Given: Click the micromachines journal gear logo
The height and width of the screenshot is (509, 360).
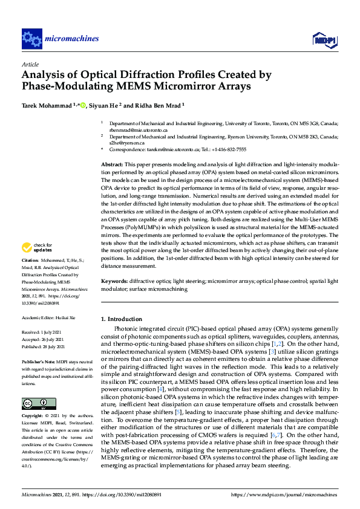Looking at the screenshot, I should point(31,39).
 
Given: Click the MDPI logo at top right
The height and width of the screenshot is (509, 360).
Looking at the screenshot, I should point(324,40).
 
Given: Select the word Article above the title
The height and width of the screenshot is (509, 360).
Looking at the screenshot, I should point(30,64).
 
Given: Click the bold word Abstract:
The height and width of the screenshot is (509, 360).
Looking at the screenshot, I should point(112,164).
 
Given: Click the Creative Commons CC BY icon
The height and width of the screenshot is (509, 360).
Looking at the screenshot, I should point(34,403).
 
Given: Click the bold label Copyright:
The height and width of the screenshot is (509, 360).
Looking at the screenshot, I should point(34,416).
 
